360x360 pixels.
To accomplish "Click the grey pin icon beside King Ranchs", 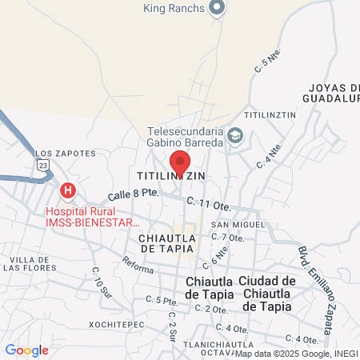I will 216,9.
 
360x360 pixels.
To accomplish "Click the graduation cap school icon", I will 234,134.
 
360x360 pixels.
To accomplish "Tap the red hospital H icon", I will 69,190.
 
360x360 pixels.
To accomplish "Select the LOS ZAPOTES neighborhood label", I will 66,153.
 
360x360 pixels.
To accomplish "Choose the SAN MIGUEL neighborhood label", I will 232,225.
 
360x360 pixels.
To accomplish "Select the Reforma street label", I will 138,263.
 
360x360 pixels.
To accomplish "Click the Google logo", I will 26,350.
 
